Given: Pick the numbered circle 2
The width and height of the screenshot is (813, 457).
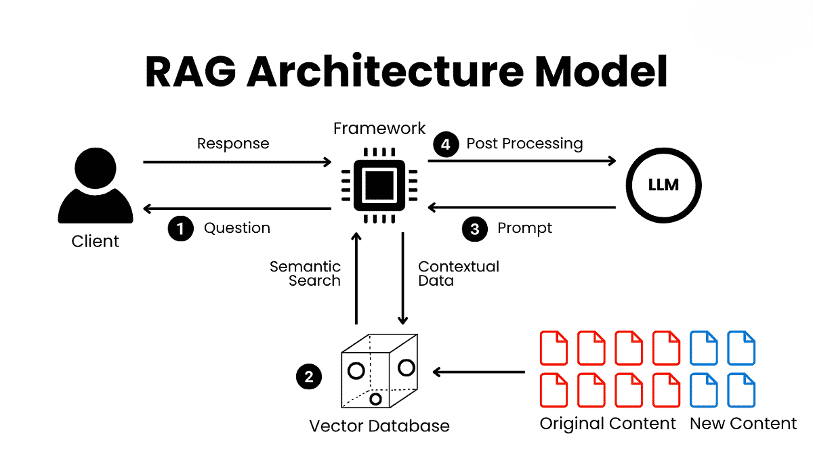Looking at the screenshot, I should (309, 377).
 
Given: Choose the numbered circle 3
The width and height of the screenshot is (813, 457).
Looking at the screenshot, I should (475, 229).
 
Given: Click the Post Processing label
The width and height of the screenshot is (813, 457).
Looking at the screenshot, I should (524, 144).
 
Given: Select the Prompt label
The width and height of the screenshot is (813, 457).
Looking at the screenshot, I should (524, 228).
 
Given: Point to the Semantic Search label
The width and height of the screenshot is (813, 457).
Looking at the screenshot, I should (305, 273).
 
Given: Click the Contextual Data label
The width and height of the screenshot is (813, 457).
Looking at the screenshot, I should (459, 273).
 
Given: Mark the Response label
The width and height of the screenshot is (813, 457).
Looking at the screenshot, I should (233, 144).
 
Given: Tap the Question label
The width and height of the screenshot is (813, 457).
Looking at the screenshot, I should (237, 228).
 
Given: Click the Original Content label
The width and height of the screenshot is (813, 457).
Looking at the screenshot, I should (608, 424).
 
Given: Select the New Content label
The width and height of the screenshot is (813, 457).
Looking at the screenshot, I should (743, 424).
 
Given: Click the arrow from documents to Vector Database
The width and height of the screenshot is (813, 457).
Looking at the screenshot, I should (479, 372).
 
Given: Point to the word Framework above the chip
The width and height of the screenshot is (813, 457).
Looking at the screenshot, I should (380, 128).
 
